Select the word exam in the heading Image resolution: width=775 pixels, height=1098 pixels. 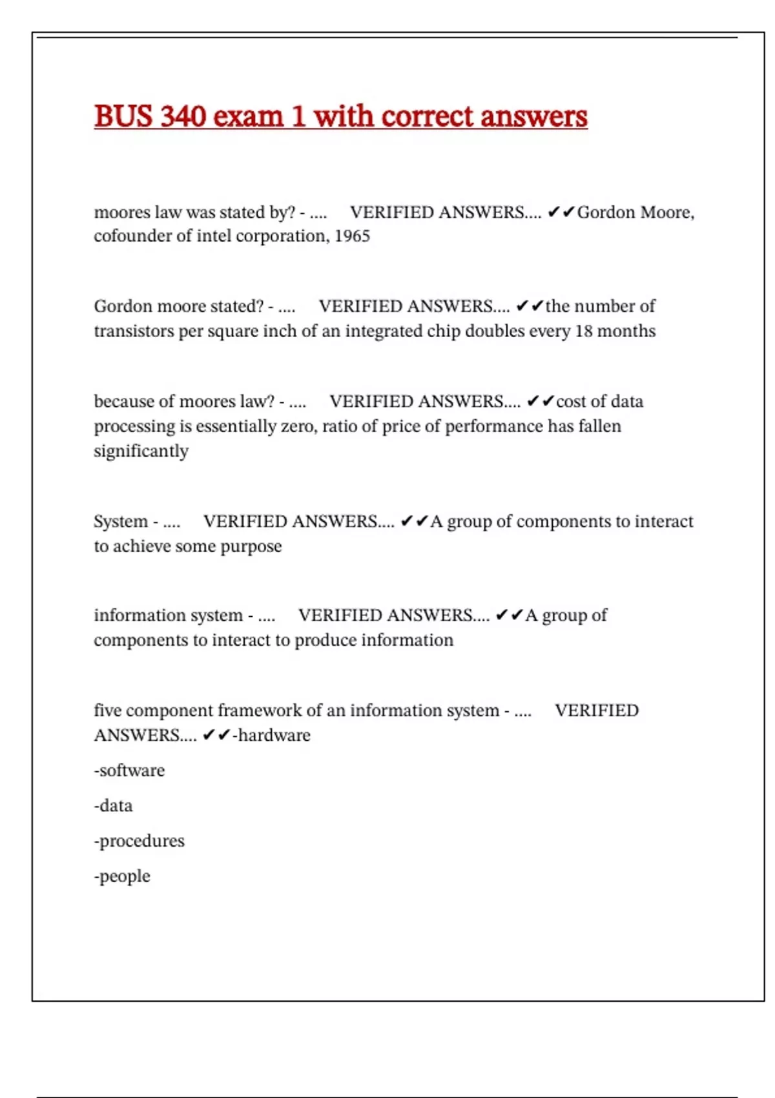[248, 117]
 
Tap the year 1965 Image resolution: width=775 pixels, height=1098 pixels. [352, 236]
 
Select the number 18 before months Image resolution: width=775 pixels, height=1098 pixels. [584, 331]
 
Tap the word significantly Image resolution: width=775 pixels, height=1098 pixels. [141, 451]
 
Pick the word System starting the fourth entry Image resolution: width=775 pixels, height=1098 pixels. [121, 521]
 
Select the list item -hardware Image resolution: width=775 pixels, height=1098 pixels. [272, 736]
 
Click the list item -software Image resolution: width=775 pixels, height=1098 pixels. [129, 771]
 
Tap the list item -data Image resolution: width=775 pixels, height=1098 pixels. [113, 806]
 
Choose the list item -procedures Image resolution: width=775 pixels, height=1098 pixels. [139, 841]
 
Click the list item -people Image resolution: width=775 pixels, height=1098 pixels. [122, 876]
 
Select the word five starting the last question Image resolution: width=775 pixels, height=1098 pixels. [107, 710]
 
